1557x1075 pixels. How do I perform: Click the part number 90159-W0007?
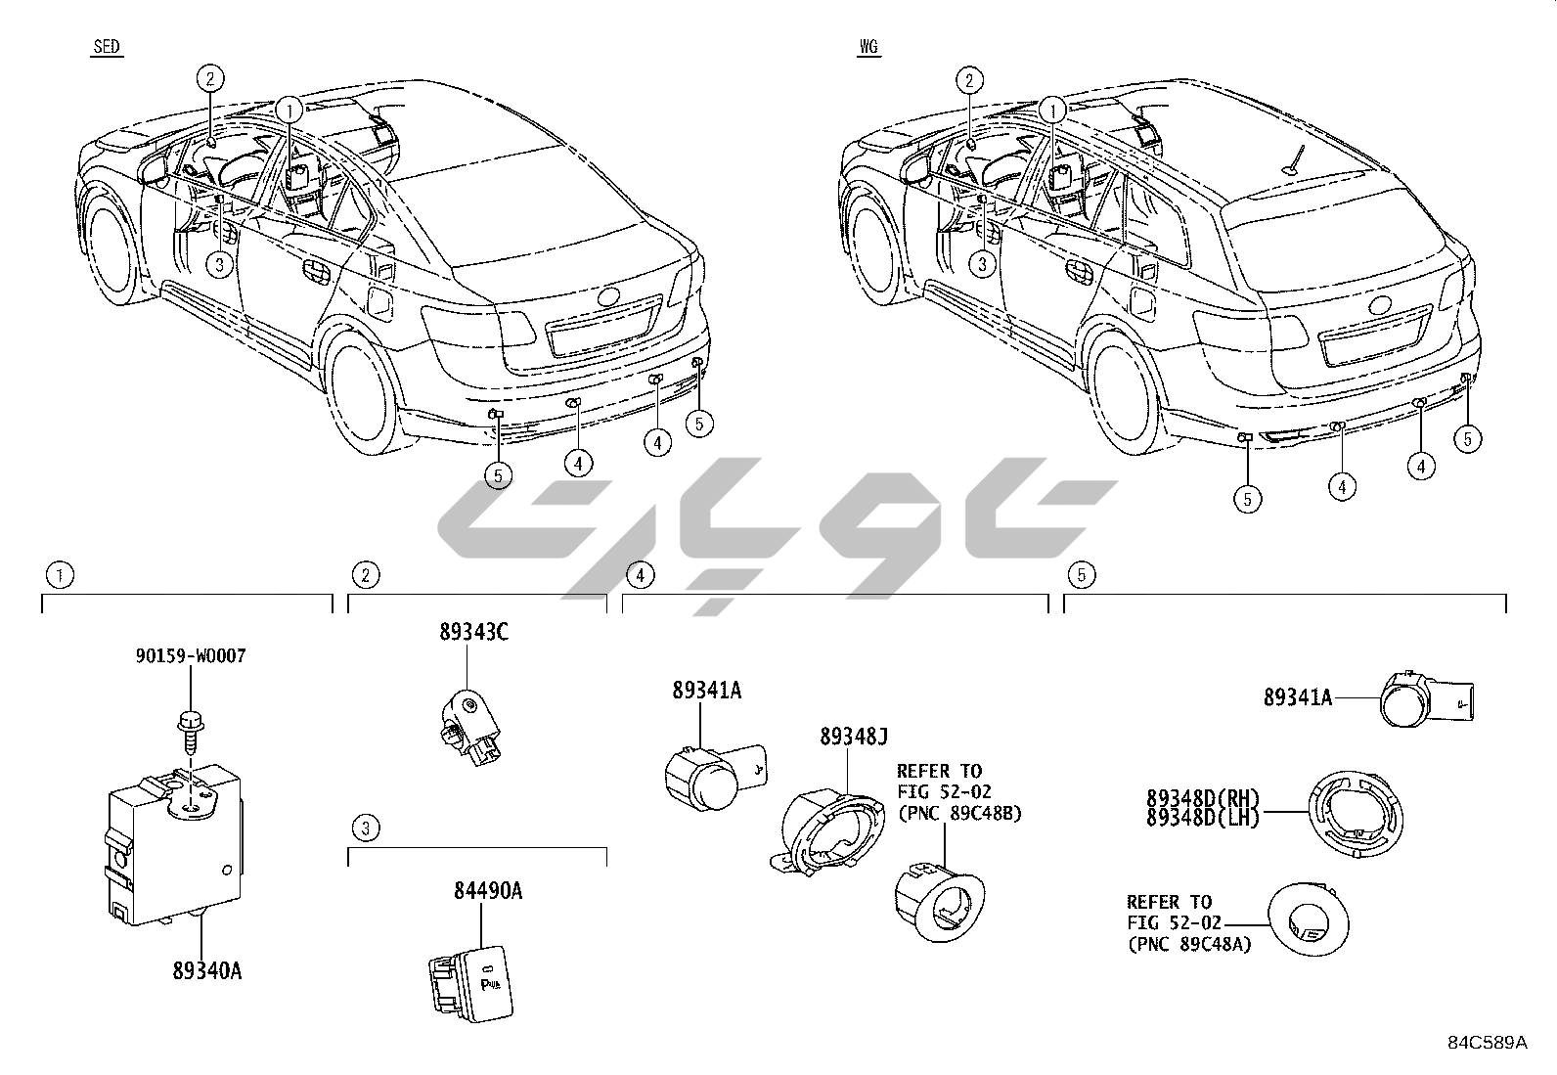tap(191, 655)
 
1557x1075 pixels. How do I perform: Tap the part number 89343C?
tap(473, 632)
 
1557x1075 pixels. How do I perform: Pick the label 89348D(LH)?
tap(1203, 818)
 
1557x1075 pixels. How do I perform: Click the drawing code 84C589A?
tap(1487, 1043)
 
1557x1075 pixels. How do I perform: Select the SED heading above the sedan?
tap(108, 47)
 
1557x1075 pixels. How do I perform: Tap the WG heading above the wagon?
tap(867, 47)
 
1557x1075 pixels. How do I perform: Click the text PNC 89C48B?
tap(958, 813)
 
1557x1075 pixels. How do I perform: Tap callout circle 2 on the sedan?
tap(210, 78)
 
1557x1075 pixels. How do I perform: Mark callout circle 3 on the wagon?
tap(981, 263)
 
